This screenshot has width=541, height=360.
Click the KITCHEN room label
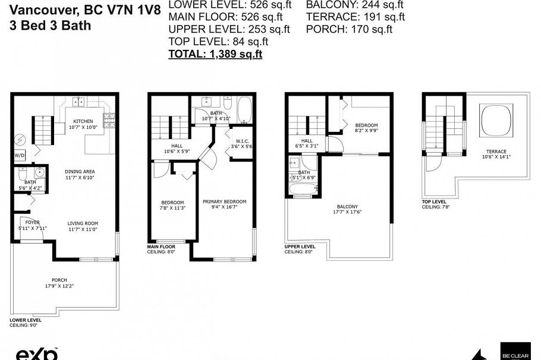coord(83,121)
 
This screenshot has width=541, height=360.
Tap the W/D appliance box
coord(20,156)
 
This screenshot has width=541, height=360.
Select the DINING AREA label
coord(80,172)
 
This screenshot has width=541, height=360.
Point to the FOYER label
coord(32,222)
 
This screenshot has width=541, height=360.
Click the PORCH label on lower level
coord(59,280)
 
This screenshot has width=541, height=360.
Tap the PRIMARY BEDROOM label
coord(224,202)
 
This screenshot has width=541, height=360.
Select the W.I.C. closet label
coord(242,141)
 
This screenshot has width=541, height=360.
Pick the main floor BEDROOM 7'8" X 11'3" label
coord(172,203)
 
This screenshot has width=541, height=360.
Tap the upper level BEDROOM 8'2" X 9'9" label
coord(366,125)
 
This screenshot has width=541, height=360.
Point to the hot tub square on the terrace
coord(495,121)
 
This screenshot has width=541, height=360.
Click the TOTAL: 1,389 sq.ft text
coord(215,54)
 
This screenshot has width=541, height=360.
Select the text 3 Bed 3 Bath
coord(51,26)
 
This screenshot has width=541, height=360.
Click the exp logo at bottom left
coord(36,354)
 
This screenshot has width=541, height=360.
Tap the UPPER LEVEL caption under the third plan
coord(300,246)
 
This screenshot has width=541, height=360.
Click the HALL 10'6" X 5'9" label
coord(177,146)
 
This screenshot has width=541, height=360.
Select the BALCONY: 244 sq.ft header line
coord(354,5)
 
